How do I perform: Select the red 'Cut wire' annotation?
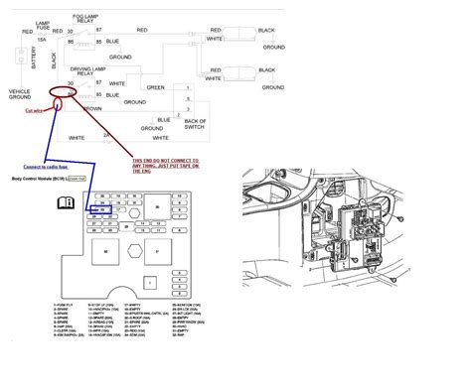[37, 112]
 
